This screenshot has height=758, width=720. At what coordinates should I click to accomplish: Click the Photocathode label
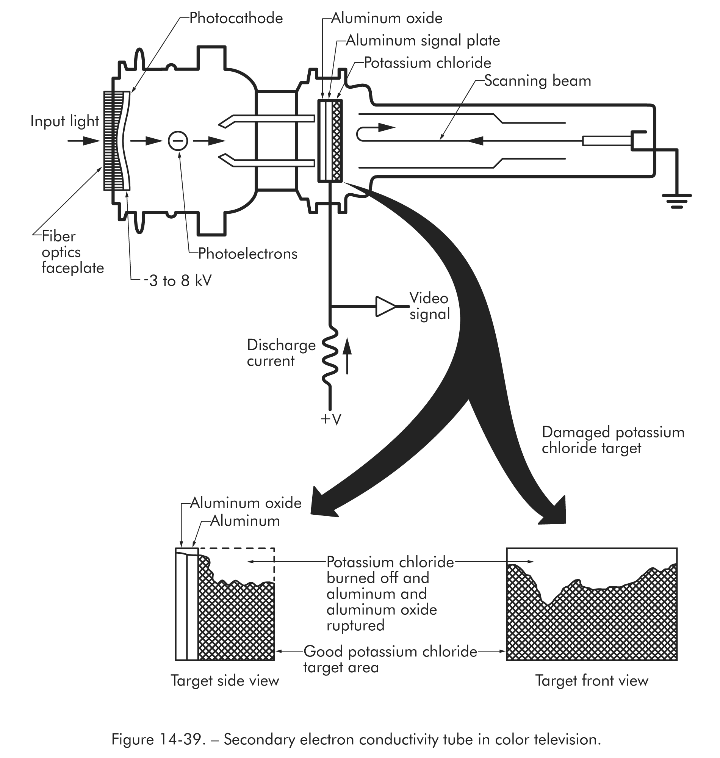click(x=236, y=19)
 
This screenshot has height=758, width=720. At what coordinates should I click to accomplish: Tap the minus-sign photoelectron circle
click(x=178, y=141)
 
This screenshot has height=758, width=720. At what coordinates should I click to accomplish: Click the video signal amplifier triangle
click(x=385, y=307)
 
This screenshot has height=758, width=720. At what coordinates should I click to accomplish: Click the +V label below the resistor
click(x=330, y=420)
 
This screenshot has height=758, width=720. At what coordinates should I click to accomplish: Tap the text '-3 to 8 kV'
click(x=177, y=281)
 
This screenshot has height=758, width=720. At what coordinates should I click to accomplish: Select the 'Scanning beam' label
click(x=537, y=81)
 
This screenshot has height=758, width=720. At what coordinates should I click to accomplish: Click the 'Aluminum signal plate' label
click(x=423, y=41)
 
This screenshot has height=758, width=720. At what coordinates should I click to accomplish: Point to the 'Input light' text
click(x=64, y=121)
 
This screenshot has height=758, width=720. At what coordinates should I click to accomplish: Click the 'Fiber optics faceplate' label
click(x=72, y=252)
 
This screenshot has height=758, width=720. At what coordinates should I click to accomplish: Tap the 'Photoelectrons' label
click(x=247, y=254)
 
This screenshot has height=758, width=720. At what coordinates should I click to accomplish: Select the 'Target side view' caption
click(x=225, y=680)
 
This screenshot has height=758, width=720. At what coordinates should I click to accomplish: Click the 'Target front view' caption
click(x=592, y=680)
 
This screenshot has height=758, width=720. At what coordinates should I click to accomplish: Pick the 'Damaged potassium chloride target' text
click(x=612, y=440)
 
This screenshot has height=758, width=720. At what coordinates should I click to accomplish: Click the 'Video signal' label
click(x=429, y=306)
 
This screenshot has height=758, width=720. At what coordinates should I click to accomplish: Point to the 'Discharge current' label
click(x=281, y=353)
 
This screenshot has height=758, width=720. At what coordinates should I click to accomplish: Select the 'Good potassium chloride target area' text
click(x=390, y=659)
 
